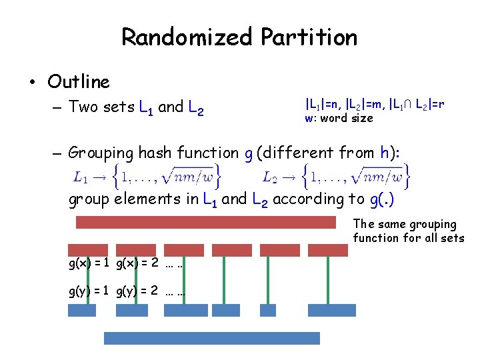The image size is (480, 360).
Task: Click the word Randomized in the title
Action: point(187,37)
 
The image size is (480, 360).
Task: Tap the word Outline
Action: point(79,82)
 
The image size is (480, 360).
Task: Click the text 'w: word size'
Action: point(339,118)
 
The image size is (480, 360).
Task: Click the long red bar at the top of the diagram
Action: point(205,222)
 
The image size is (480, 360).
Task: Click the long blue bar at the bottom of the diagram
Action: point(211,338)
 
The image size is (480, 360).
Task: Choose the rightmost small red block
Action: point(327,250)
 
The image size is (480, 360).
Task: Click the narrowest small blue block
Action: point(267,310)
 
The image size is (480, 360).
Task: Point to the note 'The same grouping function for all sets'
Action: point(408,231)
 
